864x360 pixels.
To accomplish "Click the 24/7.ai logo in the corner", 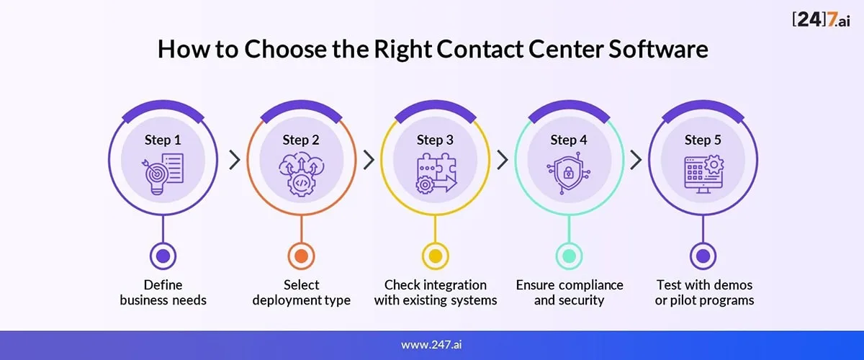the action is (x=822, y=19).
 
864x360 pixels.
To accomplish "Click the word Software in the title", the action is (x=658, y=49).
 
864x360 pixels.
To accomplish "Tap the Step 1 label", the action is (x=163, y=140).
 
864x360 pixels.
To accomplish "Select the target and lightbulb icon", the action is (x=163, y=174).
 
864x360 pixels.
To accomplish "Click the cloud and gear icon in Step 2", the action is (x=301, y=174).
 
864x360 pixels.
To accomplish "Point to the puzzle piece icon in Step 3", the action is (x=436, y=173).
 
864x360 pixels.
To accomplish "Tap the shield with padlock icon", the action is (x=569, y=173).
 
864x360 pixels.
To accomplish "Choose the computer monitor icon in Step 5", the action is (x=703, y=174).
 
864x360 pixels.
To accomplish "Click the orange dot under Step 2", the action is (x=301, y=256).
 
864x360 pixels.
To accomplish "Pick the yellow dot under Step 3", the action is (x=436, y=256).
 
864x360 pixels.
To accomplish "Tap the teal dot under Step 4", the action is (x=570, y=256).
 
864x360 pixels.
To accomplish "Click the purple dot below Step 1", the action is (x=163, y=256).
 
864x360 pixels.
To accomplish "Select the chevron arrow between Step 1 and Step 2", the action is (x=235, y=160).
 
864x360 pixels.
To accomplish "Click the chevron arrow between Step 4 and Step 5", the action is (x=636, y=160).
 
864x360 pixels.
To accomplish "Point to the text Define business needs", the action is (x=163, y=292).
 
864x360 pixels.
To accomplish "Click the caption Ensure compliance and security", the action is (x=570, y=292).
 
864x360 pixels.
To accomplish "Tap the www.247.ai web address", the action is (x=431, y=345).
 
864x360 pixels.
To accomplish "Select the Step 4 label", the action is (x=569, y=140).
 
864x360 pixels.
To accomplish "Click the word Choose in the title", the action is (x=285, y=49).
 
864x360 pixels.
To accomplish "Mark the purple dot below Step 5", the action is (x=703, y=256).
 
